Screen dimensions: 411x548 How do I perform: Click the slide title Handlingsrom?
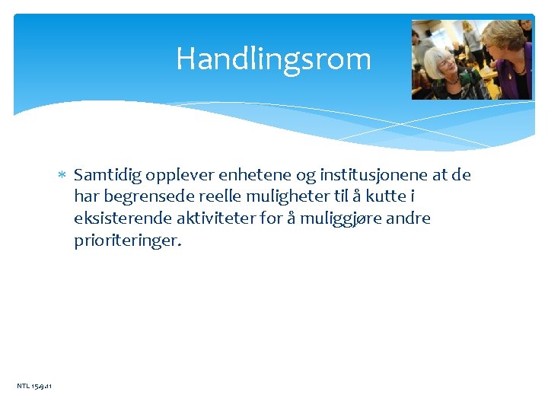pos(273,59)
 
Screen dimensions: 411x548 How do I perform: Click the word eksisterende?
pos(122,218)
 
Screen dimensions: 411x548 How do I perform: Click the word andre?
pos(407,218)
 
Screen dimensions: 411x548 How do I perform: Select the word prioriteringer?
pos(127,241)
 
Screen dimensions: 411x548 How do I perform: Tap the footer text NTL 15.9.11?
pos(34,387)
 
